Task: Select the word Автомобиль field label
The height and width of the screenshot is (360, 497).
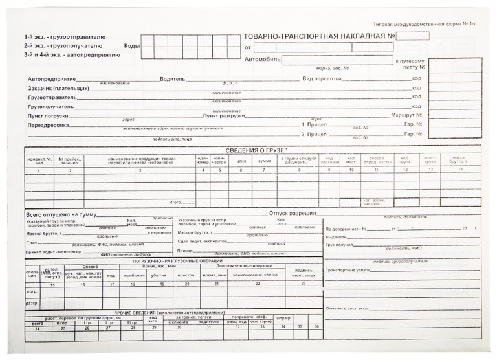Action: [262, 60]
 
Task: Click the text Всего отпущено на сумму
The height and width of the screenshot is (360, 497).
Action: [60, 214]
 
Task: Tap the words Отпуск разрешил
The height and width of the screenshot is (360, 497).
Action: [293, 213]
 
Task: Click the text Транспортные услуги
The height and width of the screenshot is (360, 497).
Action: [349, 270]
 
